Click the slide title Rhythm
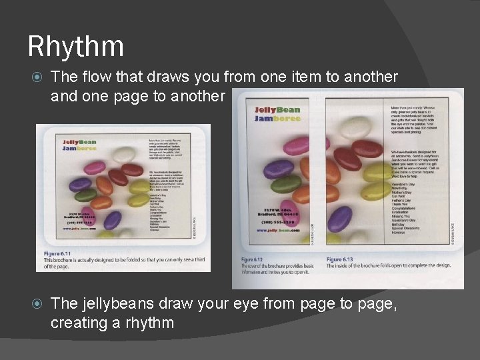(75, 47)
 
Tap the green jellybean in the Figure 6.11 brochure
(86, 195)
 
